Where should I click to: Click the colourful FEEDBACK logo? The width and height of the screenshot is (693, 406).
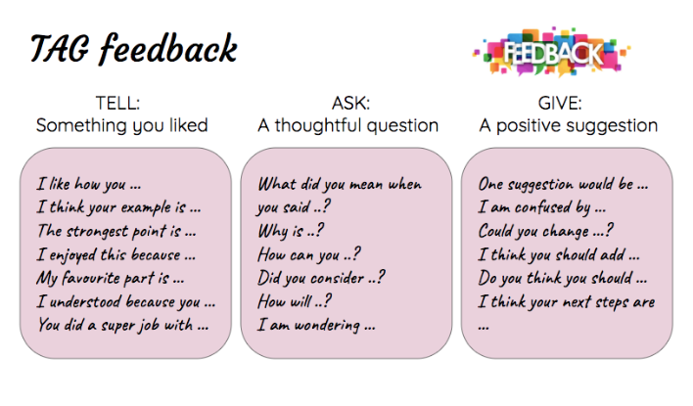pos(552,52)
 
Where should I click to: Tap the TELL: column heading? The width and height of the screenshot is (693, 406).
pos(118,103)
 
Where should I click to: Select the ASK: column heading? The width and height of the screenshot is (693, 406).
pos(351,103)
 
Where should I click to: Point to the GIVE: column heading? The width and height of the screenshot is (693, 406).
pos(560,103)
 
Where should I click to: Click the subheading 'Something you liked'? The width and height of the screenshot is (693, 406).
pos(122,125)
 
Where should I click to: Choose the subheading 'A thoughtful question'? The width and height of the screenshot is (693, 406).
pos(348,125)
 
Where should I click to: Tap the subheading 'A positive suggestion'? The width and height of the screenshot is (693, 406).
pos(569,125)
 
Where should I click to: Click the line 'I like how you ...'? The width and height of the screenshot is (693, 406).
pos(89,184)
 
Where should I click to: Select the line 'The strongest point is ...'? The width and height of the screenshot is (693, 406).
pos(116,231)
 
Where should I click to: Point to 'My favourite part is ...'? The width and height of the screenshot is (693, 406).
pos(111,278)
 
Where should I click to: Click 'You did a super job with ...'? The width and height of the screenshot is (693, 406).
pos(123,325)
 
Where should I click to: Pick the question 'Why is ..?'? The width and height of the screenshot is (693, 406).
pos(291,231)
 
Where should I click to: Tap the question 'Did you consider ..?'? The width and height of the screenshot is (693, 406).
pos(321,278)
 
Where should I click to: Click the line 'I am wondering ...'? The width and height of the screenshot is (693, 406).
pos(316,326)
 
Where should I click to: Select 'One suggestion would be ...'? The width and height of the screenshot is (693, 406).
pos(563,184)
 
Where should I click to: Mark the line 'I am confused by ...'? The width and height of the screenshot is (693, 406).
pos(542,207)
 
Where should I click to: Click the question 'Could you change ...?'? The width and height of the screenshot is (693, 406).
pos(546,231)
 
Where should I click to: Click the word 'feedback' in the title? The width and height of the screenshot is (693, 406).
pos(168,48)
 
